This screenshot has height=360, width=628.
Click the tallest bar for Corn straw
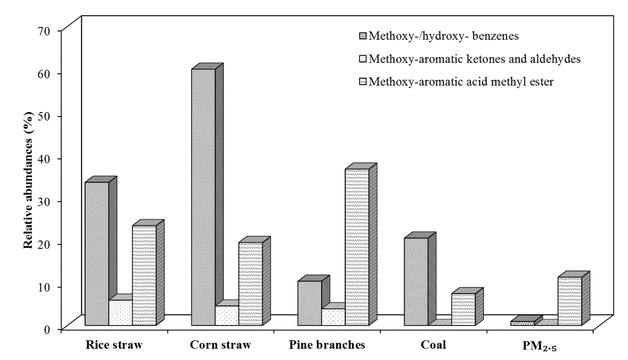[x=203, y=197]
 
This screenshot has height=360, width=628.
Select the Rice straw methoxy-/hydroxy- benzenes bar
[x=97, y=253]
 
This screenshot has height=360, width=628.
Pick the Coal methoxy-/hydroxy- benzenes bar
[x=416, y=281]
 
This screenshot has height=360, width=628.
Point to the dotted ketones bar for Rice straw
[x=120, y=312]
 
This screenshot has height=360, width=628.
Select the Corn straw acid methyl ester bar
[x=250, y=284]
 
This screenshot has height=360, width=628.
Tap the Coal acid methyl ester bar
[x=463, y=309]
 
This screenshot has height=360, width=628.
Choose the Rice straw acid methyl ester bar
[x=144, y=275]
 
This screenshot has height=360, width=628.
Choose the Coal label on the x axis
[x=434, y=345]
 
